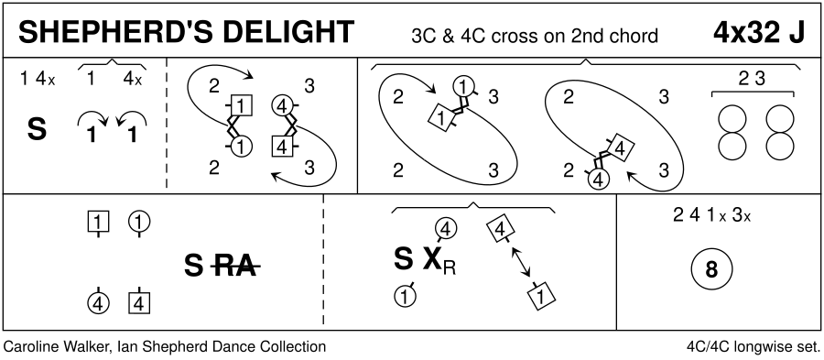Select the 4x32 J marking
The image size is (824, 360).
click(x=759, y=33)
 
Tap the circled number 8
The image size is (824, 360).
click(x=711, y=270)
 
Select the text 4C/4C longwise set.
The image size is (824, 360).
click(x=754, y=348)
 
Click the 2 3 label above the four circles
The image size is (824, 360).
click(x=752, y=79)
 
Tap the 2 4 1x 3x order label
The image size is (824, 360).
click(x=711, y=216)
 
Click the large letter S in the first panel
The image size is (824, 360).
click(x=37, y=130)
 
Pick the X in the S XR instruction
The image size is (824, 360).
click(x=432, y=259)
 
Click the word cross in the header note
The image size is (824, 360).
click(x=498, y=37)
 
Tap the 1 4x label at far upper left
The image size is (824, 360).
click(x=38, y=80)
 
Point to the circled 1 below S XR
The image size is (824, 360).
click(x=405, y=295)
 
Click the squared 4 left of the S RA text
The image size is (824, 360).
click(x=139, y=303)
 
